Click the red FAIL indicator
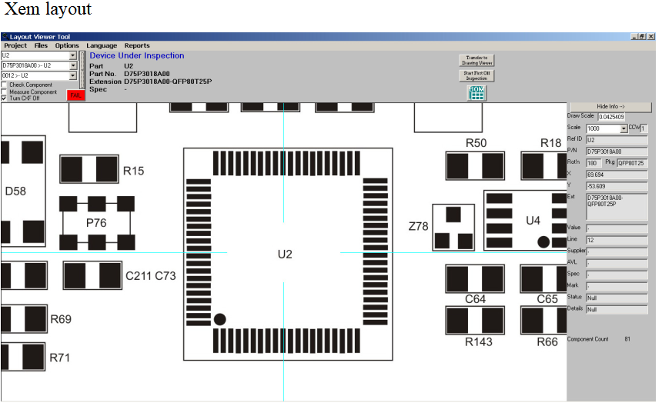76,95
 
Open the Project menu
15,46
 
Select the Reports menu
137,46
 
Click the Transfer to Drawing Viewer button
476,60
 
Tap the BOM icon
476,93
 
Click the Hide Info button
610,107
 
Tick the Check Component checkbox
5,85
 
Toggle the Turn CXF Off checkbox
5,98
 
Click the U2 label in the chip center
285,254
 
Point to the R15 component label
133,171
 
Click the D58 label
15,191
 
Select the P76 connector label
96,223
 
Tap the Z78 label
418,226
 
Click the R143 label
479,341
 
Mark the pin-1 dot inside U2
219,318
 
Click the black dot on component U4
543,241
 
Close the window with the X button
651,37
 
